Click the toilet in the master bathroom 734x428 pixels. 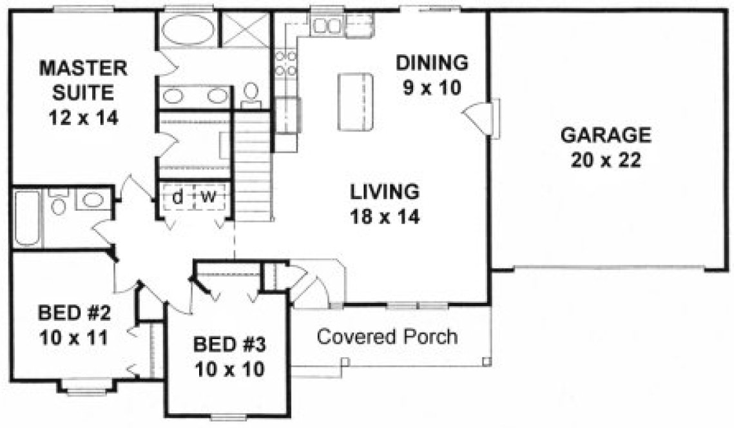(x=251, y=95)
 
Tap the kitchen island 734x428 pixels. (x=355, y=101)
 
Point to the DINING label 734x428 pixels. (x=431, y=63)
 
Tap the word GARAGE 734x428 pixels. (x=605, y=135)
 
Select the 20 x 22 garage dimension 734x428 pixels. (x=605, y=160)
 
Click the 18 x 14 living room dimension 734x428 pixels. (x=385, y=217)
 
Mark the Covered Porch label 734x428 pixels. (x=388, y=336)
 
